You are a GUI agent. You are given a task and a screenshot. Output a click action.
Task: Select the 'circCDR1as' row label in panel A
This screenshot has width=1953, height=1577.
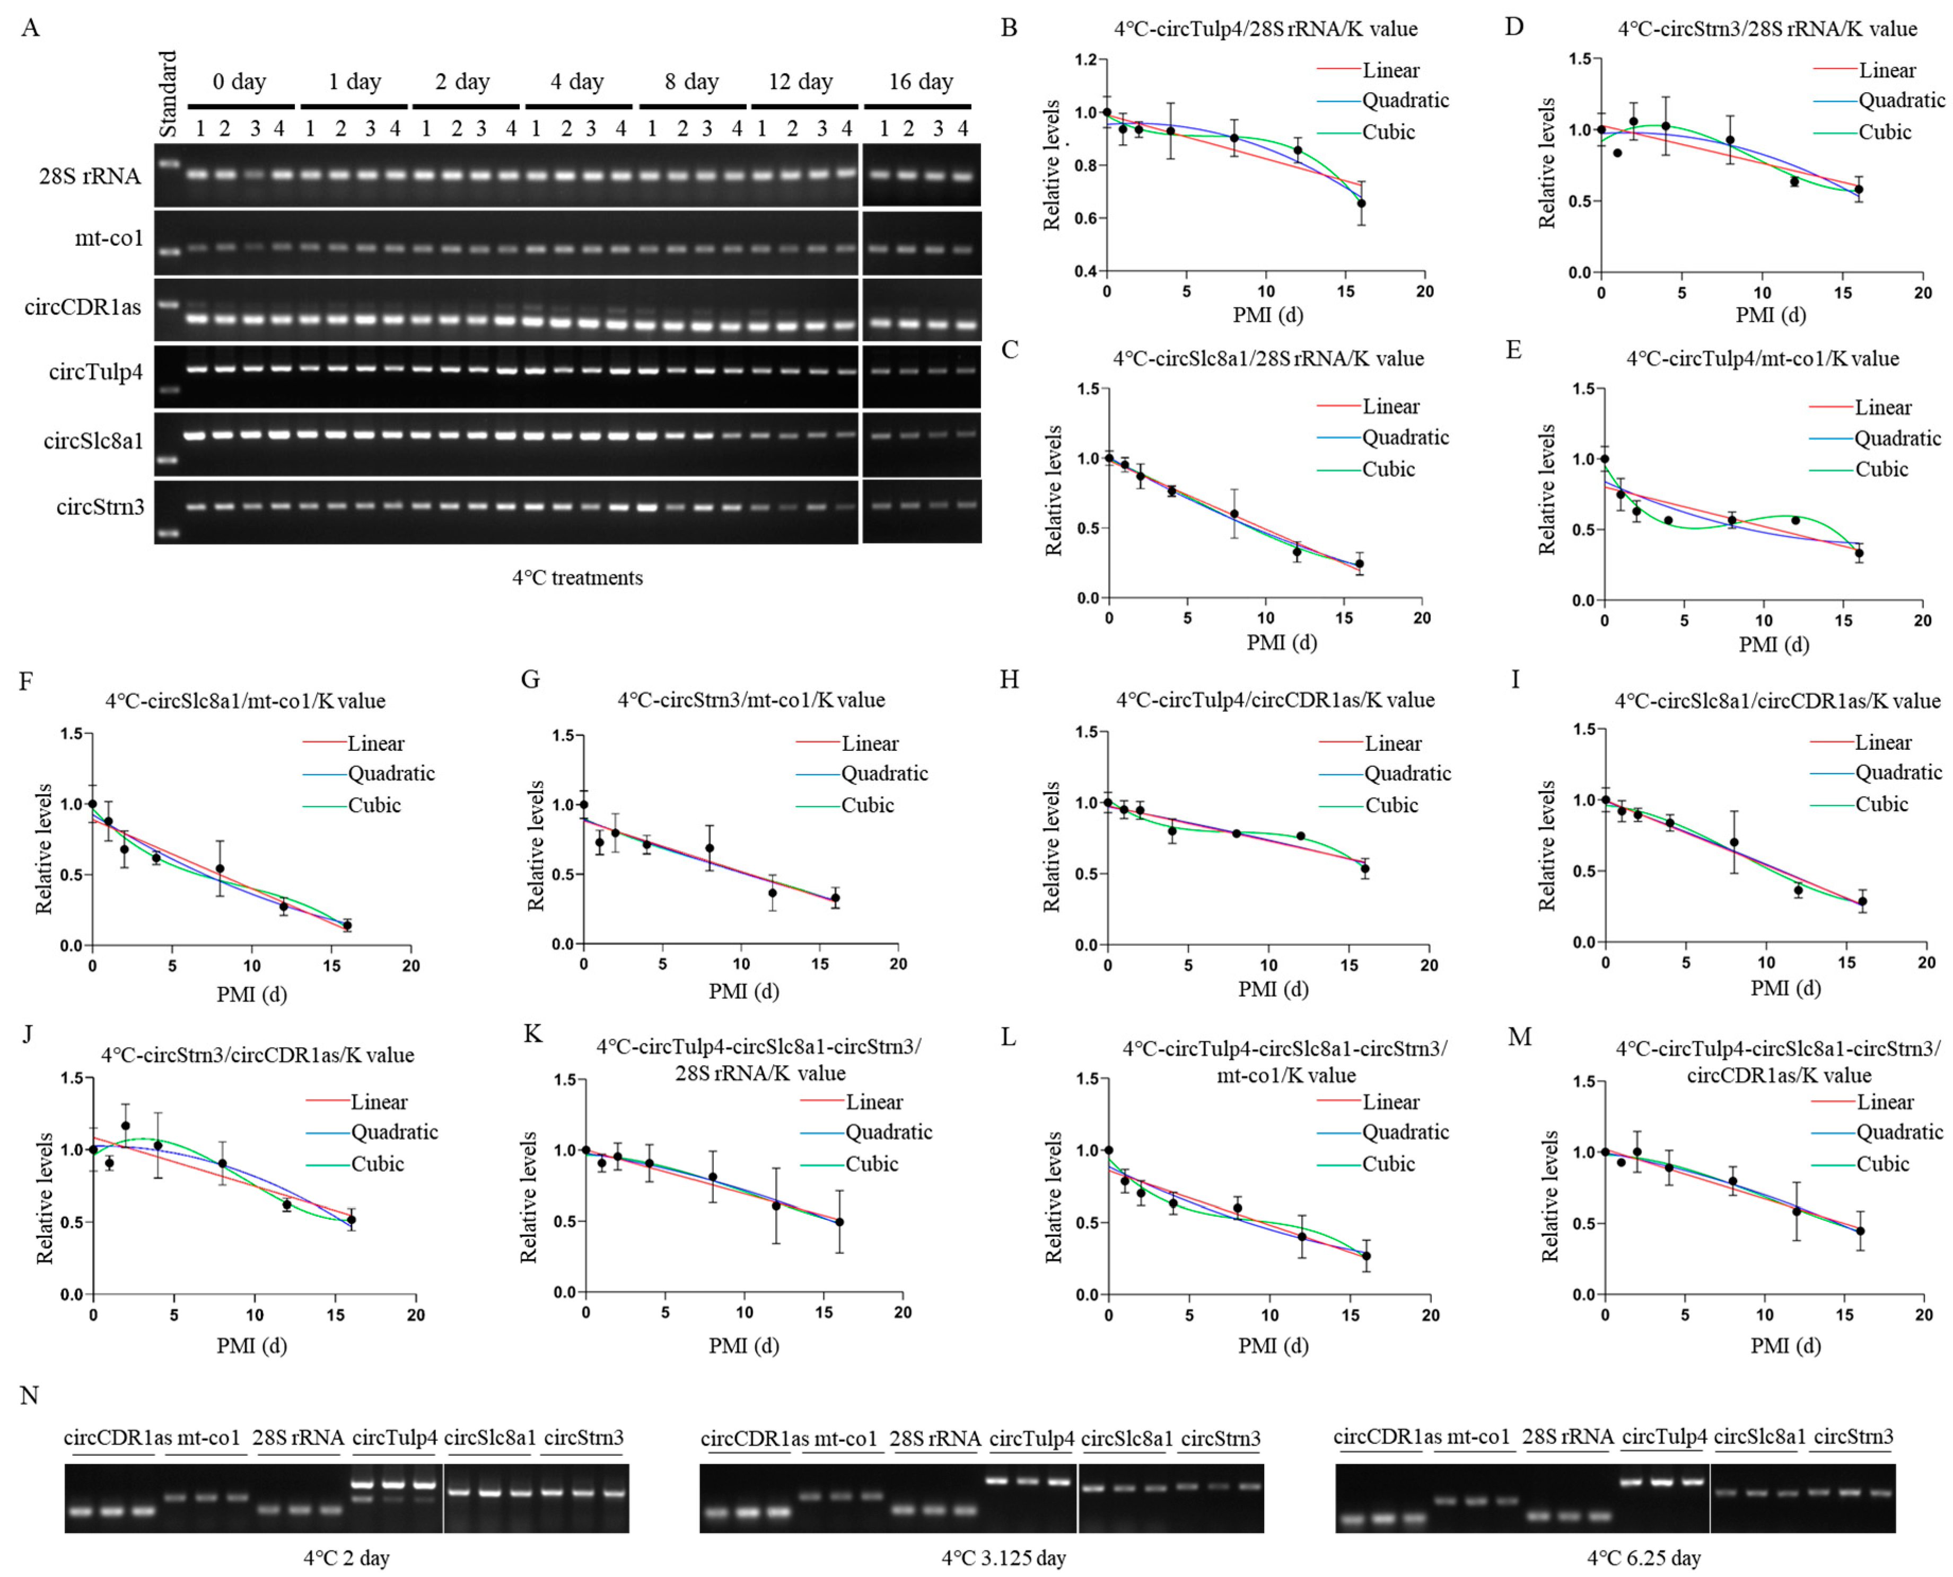pyautogui.click(x=83, y=307)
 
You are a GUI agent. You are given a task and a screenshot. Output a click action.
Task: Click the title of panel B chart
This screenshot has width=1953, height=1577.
pyautogui.click(x=1265, y=29)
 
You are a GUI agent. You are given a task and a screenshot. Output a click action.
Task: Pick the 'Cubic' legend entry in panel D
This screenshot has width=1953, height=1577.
pyautogui.click(x=1884, y=132)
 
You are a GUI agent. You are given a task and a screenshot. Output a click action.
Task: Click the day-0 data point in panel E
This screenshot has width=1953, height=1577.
pyautogui.click(x=1604, y=459)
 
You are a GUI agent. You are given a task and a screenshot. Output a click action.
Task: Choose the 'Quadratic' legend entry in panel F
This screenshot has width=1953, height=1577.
pyautogui.click(x=391, y=774)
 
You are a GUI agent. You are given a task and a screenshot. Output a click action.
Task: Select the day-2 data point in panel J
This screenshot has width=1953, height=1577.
pyautogui.click(x=126, y=1124)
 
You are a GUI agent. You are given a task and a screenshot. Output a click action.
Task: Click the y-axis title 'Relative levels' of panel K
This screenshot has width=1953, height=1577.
pyautogui.click(x=529, y=1197)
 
